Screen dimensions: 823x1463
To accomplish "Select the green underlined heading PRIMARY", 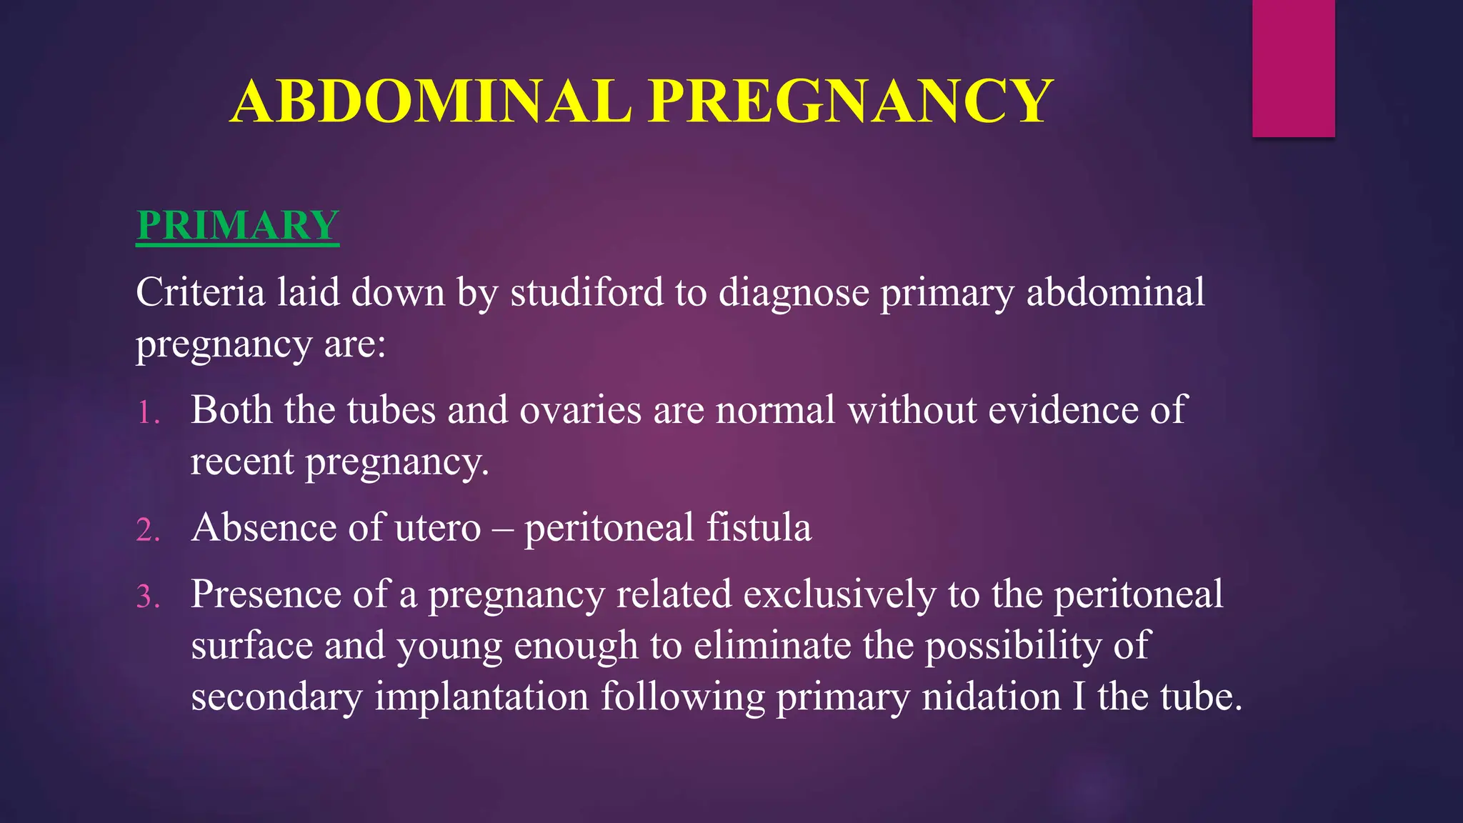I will coord(237,225).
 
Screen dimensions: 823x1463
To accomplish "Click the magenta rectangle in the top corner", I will coord(1293,68).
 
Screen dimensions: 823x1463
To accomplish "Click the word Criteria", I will coord(200,292).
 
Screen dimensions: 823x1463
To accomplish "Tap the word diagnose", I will coord(793,292).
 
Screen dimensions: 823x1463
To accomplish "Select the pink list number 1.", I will coord(147,413).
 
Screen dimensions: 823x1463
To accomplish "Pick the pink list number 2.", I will coord(147,530).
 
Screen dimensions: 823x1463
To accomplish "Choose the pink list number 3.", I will coord(147,597).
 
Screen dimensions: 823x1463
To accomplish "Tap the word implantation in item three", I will coord(481,697).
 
